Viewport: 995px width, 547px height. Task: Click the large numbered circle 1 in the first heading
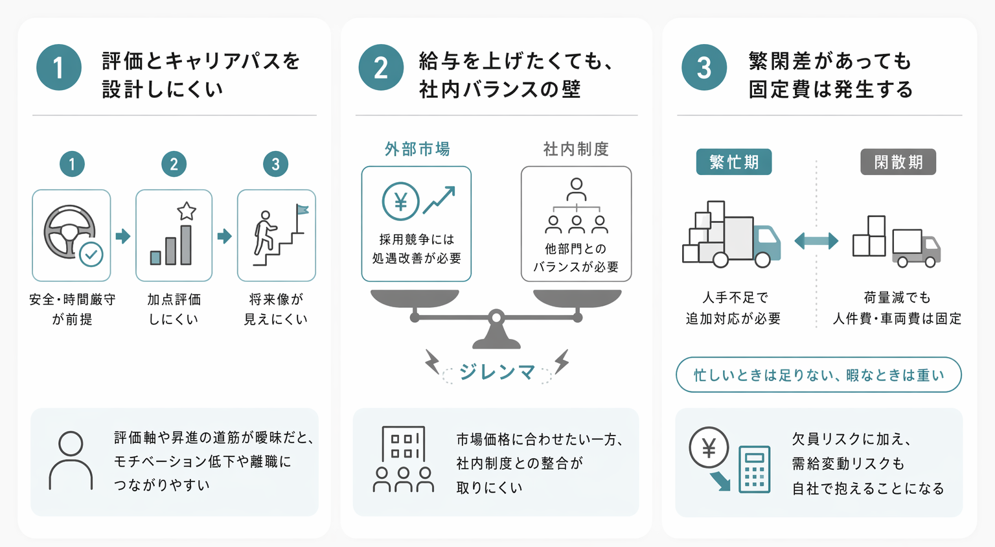pyautogui.click(x=59, y=67)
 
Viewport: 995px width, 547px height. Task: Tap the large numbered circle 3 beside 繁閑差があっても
pyautogui.click(x=703, y=67)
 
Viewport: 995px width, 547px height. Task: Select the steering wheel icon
pyautogui.click(x=69, y=232)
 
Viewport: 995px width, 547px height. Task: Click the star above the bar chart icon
pyautogui.click(x=187, y=211)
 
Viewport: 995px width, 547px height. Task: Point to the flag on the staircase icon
pyautogui.click(x=302, y=210)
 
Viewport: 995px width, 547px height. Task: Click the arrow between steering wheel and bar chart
pyautogui.click(x=122, y=236)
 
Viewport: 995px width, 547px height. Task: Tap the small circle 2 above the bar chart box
pyautogui.click(x=174, y=164)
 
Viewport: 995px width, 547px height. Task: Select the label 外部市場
pyautogui.click(x=417, y=149)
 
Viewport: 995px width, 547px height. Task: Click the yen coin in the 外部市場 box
pyautogui.click(x=400, y=202)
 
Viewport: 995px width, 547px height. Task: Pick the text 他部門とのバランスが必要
pyautogui.click(x=576, y=258)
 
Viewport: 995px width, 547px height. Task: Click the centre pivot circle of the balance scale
pyautogui.click(x=496, y=318)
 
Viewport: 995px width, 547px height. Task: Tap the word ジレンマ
pyautogui.click(x=497, y=372)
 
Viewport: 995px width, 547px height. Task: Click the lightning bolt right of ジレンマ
pyautogui.click(x=562, y=361)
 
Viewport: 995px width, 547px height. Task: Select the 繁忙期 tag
pyautogui.click(x=733, y=162)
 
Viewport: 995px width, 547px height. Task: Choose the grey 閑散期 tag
pyautogui.click(x=898, y=162)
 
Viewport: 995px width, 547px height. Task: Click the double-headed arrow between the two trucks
pyautogui.click(x=816, y=241)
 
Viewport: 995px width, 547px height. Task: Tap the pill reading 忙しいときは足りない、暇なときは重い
pyautogui.click(x=818, y=375)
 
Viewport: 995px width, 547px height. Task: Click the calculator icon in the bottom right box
pyautogui.click(x=754, y=469)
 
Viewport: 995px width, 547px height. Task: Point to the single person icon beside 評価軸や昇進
pyautogui.click(x=71, y=461)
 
